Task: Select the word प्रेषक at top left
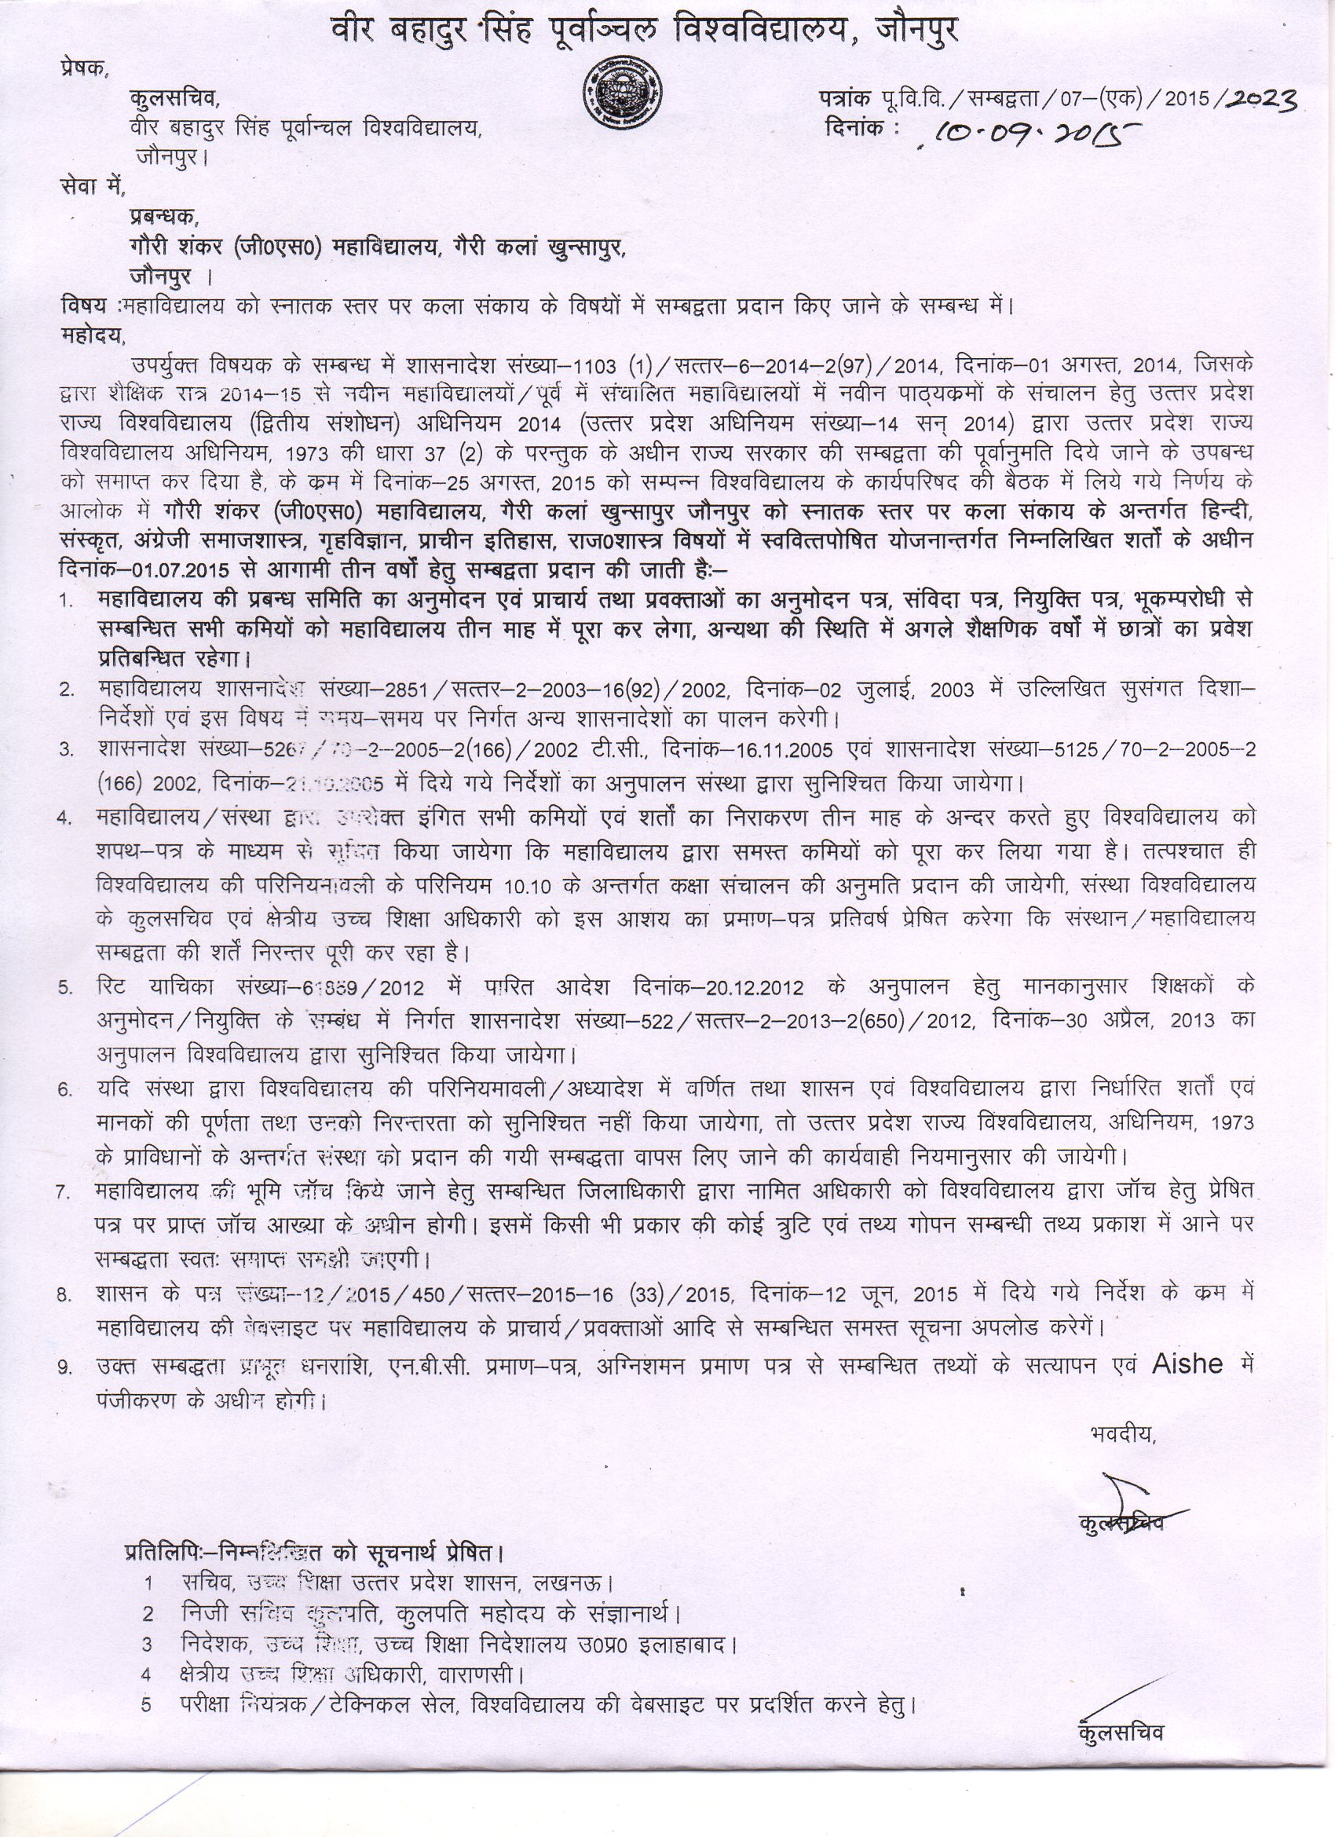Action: (83, 69)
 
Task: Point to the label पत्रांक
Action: (845, 99)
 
